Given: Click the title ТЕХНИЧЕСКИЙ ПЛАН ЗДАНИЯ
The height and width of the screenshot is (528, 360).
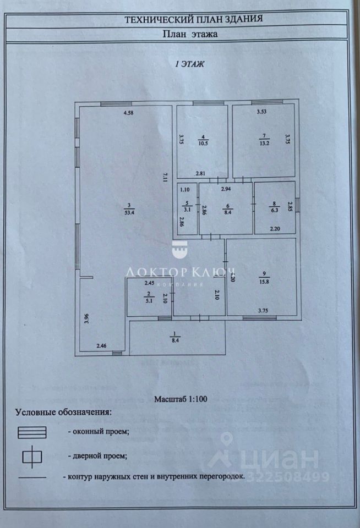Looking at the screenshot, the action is click(193, 19).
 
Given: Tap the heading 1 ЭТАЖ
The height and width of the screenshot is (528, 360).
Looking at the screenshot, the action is click(190, 64).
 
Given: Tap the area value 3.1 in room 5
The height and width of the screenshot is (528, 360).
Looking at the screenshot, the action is click(187, 209).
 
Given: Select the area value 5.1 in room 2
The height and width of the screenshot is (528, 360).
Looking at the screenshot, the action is click(149, 301).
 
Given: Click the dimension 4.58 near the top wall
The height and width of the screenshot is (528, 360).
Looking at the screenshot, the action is click(129, 113).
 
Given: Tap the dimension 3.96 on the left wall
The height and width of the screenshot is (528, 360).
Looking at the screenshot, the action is click(86, 319).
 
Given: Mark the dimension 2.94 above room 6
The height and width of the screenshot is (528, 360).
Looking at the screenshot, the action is click(226, 189).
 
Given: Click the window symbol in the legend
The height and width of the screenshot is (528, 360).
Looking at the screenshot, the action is click(32, 432).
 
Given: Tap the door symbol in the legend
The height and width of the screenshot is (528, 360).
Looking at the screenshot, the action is click(32, 455).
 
